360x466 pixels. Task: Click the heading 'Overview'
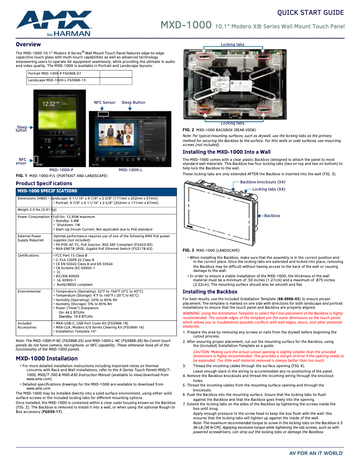click(28, 44)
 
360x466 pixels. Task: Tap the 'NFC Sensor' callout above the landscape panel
click(105, 102)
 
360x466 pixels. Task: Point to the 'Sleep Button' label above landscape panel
click(133, 102)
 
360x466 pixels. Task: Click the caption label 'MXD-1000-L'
click(131, 170)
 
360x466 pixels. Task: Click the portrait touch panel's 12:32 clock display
click(51, 104)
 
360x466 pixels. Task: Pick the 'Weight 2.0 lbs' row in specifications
click(37, 209)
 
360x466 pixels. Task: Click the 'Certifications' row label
click(28, 255)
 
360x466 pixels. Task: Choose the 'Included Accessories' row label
click(27, 325)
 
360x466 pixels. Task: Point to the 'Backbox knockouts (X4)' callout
click(263, 182)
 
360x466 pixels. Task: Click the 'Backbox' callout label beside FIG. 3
click(272, 216)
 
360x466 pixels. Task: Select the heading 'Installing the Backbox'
click(210, 292)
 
